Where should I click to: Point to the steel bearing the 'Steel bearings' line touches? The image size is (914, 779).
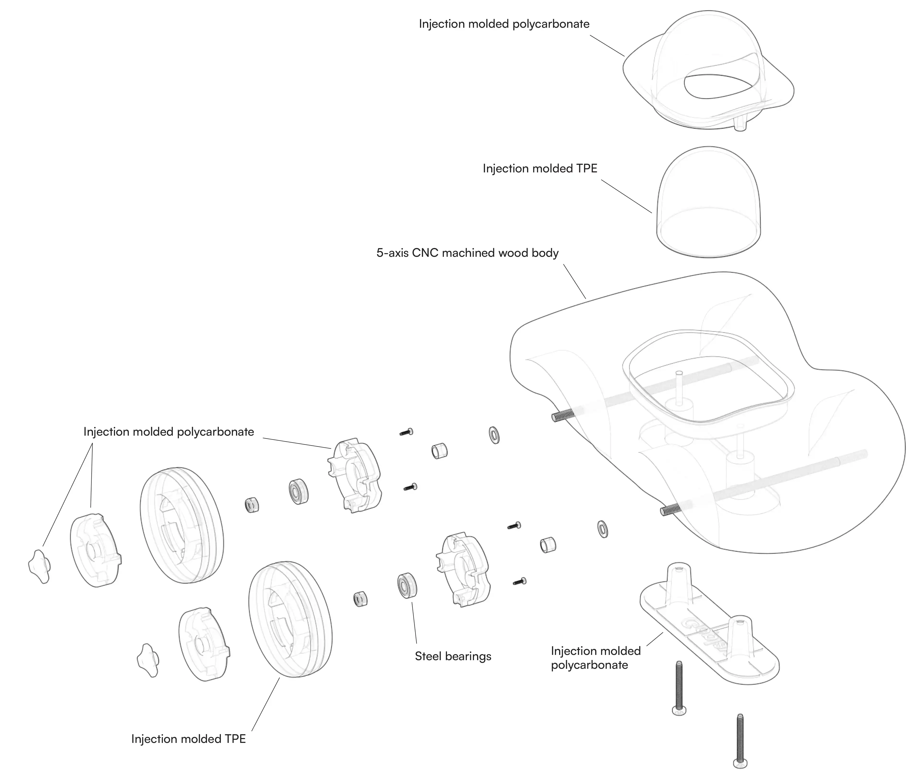click(407, 585)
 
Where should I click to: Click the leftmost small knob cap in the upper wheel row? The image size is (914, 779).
click(40, 566)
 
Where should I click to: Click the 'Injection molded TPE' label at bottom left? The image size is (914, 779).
click(188, 739)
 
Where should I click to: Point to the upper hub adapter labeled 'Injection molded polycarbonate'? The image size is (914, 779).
click(354, 476)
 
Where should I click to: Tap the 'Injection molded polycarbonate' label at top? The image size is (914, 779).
click(504, 24)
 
